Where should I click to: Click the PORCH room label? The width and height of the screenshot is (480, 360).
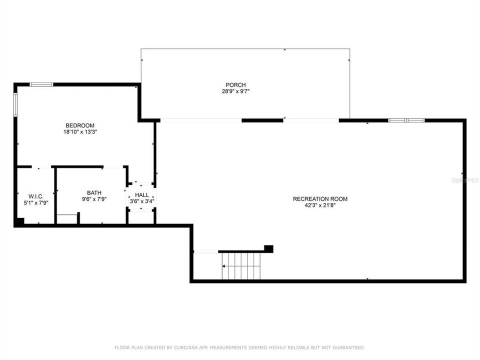(235, 85)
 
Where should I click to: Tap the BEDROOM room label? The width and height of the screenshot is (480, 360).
(80, 125)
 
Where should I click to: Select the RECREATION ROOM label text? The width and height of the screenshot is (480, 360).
(320, 199)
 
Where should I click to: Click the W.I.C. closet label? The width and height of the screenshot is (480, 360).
(36, 196)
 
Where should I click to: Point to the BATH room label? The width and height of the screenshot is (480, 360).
(94, 193)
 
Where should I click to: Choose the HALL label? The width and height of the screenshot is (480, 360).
(142, 195)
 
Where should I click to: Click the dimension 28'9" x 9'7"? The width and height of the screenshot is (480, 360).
(235, 91)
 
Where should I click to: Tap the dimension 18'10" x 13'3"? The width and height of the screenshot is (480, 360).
(80, 132)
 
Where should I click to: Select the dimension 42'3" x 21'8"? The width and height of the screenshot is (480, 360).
(320, 205)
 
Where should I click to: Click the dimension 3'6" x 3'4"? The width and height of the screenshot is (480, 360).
(142, 201)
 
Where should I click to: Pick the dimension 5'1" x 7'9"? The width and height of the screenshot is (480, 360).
(36, 202)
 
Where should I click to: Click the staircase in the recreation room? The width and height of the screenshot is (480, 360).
(241, 265)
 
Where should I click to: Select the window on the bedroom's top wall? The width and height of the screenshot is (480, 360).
(41, 84)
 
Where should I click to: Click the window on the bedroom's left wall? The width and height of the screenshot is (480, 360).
(15, 104)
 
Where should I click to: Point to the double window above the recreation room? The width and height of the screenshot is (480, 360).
(406, 120)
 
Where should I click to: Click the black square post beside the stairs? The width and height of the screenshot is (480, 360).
(268, 248)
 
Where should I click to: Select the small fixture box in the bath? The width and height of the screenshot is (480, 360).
(67, 219)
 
